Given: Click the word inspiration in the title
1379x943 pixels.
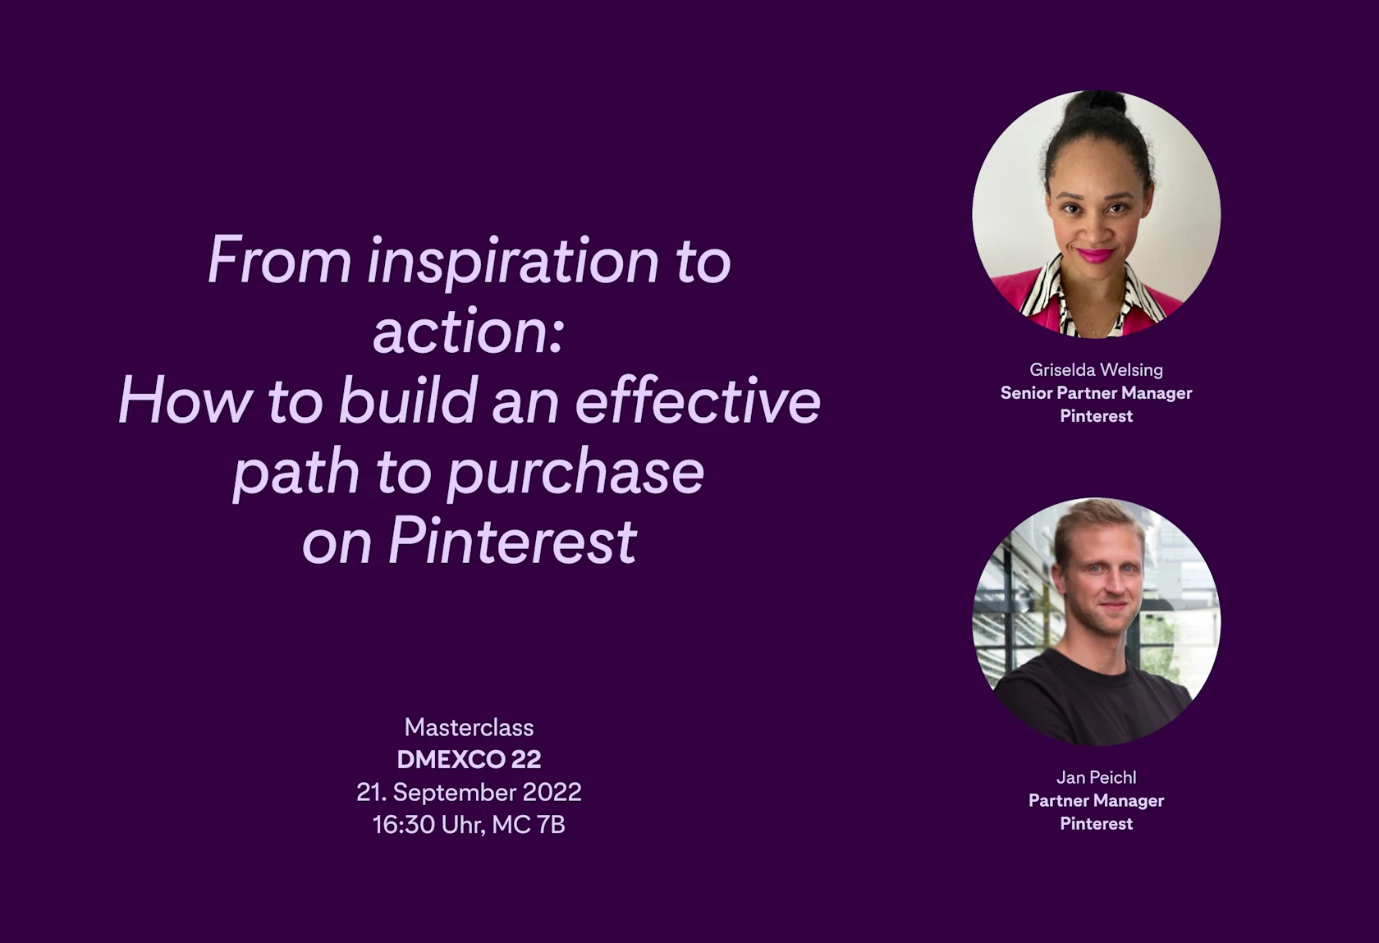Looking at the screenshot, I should (x=513, y=261).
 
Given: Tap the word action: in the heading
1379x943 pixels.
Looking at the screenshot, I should (x=469, y=332).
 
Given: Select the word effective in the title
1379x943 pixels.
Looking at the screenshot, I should (x=698, y=401).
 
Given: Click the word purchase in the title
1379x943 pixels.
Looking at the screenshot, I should (x=575, y=473).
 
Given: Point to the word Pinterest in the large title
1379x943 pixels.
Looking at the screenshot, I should (x=511, y=542).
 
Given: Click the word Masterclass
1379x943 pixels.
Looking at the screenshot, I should (x=469, y=727).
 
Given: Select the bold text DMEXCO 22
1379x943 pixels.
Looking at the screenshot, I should (x=469, y=759).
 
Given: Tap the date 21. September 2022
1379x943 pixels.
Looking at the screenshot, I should (x=469, y=792).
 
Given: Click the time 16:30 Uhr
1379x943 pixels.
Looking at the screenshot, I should (x=428, y=824).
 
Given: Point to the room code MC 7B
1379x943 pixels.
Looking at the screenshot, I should (x=529, y=824).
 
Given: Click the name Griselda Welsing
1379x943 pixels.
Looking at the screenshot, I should (x=1096, y=369).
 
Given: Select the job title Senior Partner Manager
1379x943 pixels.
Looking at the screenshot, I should (x=1096, y=392).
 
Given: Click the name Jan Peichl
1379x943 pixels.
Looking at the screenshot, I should (x=1096, y=776).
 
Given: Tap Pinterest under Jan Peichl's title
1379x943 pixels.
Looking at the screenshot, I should (x=1096, y=823).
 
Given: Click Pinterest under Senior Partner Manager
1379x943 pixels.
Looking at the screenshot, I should (x=1096, y=415).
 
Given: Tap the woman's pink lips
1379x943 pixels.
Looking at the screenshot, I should (x=1096, y=255).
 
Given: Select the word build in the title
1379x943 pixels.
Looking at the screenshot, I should (x=408, y=401).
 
